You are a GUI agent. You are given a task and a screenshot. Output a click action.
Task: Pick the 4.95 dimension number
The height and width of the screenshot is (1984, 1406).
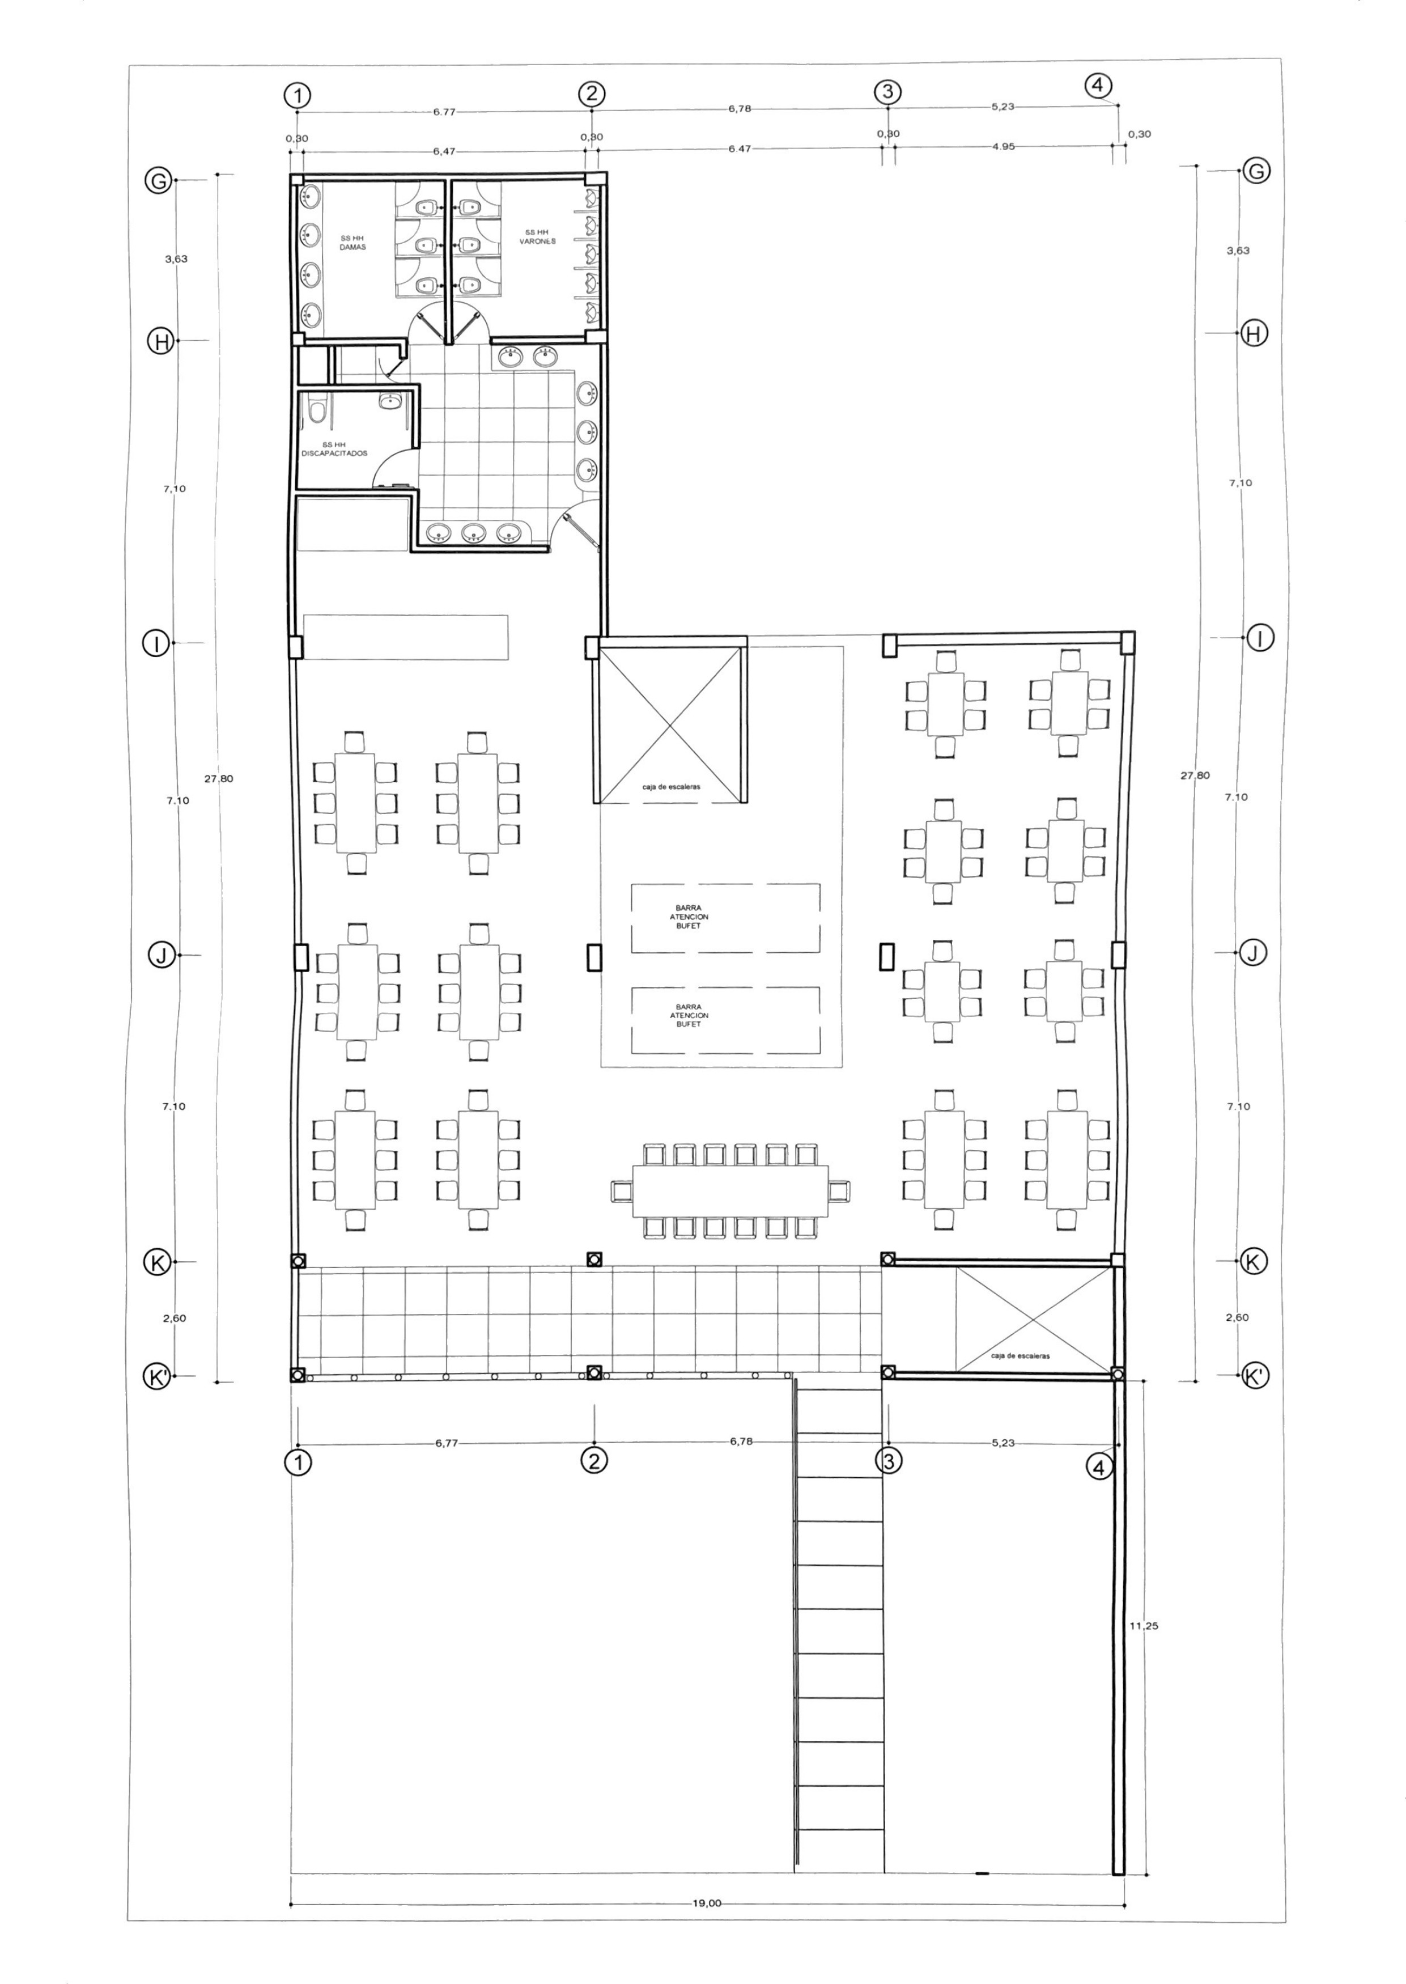1004,146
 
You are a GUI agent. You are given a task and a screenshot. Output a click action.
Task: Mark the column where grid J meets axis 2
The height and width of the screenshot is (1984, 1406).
593,957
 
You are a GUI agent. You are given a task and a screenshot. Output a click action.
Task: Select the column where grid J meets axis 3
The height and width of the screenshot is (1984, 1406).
886,956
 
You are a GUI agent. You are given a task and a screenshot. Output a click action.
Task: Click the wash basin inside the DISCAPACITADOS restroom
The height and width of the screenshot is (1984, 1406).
389,401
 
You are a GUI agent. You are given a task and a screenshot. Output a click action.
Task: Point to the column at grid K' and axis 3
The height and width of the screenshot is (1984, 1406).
887,1372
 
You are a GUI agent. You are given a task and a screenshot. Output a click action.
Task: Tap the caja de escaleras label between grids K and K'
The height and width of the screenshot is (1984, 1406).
1020,1355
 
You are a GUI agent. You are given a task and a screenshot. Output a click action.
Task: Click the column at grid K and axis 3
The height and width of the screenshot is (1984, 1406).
887,1257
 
